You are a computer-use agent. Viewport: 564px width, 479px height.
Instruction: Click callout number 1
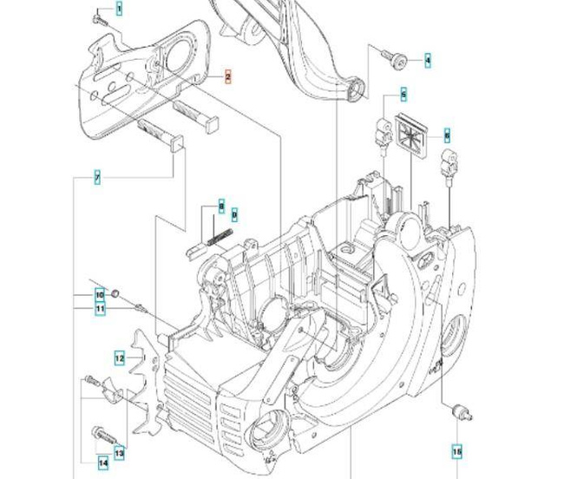119,9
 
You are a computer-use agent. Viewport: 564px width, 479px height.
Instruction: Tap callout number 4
427,61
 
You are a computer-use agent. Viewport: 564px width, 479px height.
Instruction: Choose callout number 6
447,135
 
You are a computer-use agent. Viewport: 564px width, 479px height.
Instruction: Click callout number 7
97,178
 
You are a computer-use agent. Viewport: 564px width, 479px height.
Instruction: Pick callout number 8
221,207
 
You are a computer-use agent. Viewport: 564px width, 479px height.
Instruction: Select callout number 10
100,294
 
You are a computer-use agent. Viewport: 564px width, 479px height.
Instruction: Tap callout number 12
121,357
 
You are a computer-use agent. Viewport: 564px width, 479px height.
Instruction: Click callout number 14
102,463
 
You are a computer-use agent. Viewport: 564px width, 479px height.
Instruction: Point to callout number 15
457,451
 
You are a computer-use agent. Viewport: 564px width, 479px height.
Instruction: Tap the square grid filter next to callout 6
413,136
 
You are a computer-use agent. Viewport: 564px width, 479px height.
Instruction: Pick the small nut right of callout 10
116,292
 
